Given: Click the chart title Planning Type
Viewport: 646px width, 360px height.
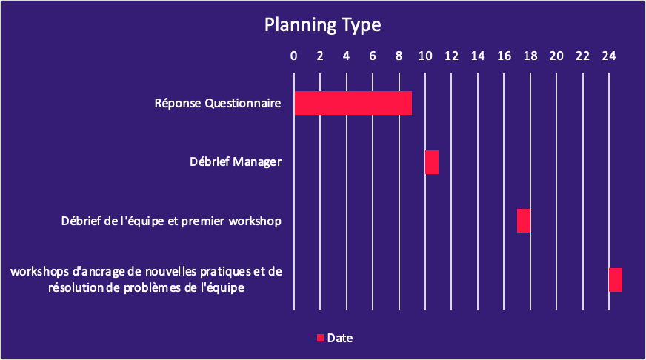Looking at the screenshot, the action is [x=322, y=25].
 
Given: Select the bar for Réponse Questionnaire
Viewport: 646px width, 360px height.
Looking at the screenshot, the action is [x=353, y=103].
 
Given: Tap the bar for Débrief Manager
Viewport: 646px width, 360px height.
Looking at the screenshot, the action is [x=432, y=162].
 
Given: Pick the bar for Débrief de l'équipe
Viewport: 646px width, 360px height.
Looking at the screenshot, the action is [x=524, y=221].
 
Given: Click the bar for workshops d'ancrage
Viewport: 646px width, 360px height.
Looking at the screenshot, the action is [x=616, y=280].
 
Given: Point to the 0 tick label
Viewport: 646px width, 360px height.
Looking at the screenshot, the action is [x=294, y=56].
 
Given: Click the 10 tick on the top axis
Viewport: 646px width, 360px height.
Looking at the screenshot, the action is [x=425, y=56].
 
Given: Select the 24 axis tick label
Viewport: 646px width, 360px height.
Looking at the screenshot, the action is [x=609, y=56].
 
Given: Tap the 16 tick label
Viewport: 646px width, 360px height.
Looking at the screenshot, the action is [x=504, y=56].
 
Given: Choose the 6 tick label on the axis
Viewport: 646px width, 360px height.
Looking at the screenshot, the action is [x=373, y=56].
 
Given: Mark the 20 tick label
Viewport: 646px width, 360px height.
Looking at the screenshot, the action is [x=556, y=56].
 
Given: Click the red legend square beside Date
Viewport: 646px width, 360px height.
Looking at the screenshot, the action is [x=320, y=339].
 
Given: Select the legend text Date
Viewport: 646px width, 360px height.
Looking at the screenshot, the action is [x=340, y=339].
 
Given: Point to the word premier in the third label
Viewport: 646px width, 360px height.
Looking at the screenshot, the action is [x=203, y=221].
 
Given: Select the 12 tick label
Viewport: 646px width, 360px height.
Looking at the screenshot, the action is [x=452, y=56].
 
